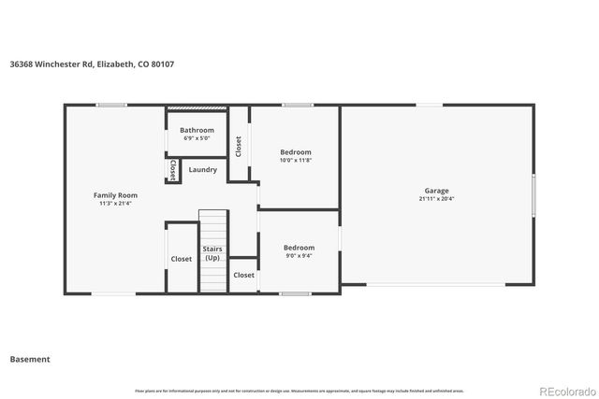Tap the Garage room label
coord(437,191)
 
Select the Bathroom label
coord(197,130)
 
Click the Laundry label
coord(202,169)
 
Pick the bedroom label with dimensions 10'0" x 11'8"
coord(296,151)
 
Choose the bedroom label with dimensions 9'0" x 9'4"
coord(299,247)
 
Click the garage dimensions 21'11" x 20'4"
coord(437,198)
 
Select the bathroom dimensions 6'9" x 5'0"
coord(197,137)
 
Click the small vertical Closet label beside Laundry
coord(174,170)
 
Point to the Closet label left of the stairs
coord(181,259)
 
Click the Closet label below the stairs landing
coord(243,275)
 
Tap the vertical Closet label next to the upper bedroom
coord(239,146)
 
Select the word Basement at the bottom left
coord(30,359)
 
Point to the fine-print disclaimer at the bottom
coord(299,391)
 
